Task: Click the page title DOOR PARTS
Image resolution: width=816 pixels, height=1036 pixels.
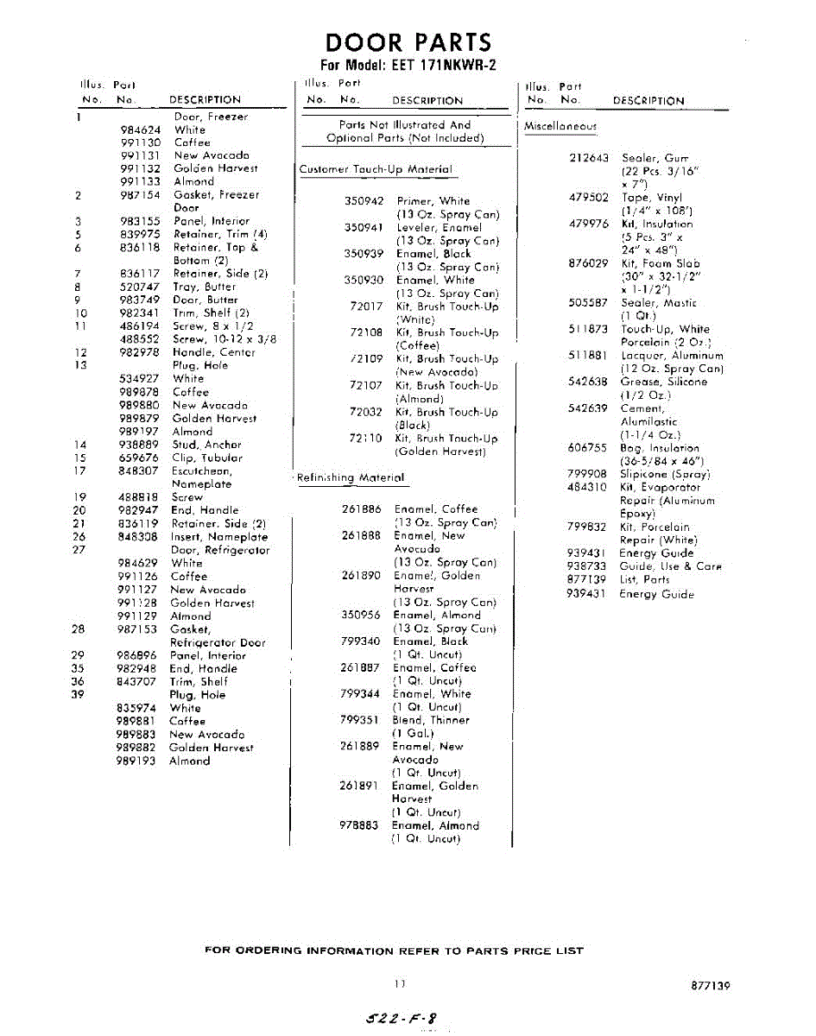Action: [x=408, y=42]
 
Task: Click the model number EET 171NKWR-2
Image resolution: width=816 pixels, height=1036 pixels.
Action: [x=408, y=66]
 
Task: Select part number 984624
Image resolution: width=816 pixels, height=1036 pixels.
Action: [x=141, y=129]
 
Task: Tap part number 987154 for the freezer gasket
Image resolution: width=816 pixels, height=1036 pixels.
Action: [x=141, y=195]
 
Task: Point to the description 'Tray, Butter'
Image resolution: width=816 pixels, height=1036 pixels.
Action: [x=205, y=287]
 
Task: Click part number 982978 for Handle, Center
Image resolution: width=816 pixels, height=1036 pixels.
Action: [x=141, y=352]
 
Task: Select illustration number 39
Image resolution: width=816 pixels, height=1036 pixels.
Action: [x=79, y=695]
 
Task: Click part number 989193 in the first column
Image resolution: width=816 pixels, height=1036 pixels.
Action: [x=137, y=761]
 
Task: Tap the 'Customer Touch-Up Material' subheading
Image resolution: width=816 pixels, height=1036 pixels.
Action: [x=376, y=169]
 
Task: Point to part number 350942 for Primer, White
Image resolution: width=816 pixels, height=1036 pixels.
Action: [x=364, y=201]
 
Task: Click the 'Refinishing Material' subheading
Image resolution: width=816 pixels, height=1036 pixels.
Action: [x=351, y=477]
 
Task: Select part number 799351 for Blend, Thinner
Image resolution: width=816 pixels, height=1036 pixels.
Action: [x=360, y=720]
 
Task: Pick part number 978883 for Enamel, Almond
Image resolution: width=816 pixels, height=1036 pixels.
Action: [x=359, y=825]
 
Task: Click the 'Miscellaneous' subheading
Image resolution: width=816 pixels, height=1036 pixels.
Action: [x=560, y=126]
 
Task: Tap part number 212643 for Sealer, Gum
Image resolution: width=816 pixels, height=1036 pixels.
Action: [x=589, y=158]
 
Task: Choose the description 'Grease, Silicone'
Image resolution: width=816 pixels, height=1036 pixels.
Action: [x=663, y=382]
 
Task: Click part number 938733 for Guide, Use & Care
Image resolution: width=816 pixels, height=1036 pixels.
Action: [x=587, y=566]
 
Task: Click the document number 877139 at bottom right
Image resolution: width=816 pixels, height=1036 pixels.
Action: [x=711, y=985]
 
